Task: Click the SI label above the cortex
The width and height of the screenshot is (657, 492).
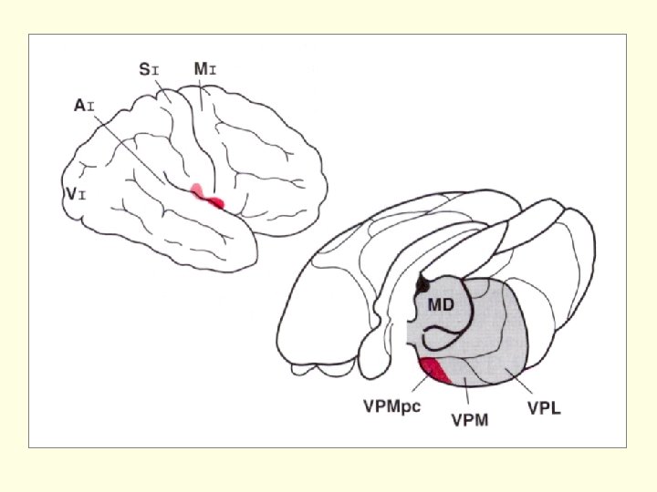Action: click(150, 68)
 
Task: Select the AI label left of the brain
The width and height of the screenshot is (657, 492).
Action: click(84, 107)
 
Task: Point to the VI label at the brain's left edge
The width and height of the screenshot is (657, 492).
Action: click(75, 194)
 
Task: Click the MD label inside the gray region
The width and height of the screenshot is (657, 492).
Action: click(441, 304)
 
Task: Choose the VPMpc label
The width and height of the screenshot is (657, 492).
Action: click(389, 405)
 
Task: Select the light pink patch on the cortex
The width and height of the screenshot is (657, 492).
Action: click(197, 190)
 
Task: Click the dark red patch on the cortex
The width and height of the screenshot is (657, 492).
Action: click(215, 202)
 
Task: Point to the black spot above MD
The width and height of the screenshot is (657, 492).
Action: click(422, 284)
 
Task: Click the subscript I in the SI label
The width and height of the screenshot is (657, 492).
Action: click(157, 69)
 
